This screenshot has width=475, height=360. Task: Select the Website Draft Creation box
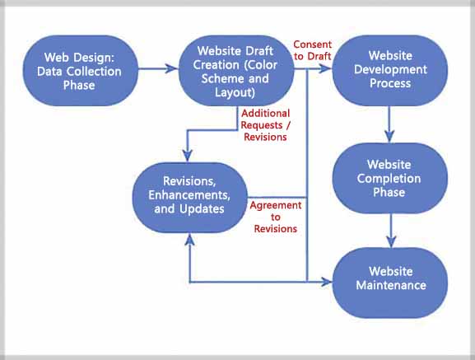click(235, 70)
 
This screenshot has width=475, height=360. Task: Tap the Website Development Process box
click(390, 70)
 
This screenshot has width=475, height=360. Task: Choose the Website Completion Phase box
click(390, 178)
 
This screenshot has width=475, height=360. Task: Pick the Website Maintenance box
click(390, 278)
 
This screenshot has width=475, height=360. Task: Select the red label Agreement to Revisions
click(275, 216)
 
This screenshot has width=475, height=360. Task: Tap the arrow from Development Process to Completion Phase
click(390, 125)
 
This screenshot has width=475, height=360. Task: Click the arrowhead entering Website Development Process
click(328, 70)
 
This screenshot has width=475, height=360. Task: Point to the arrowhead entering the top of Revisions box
click(190, 157)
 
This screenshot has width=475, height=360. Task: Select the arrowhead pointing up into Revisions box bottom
click(190, 238)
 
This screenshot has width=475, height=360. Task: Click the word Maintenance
click(390, 285)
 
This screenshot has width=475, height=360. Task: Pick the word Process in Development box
click(390, 83)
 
